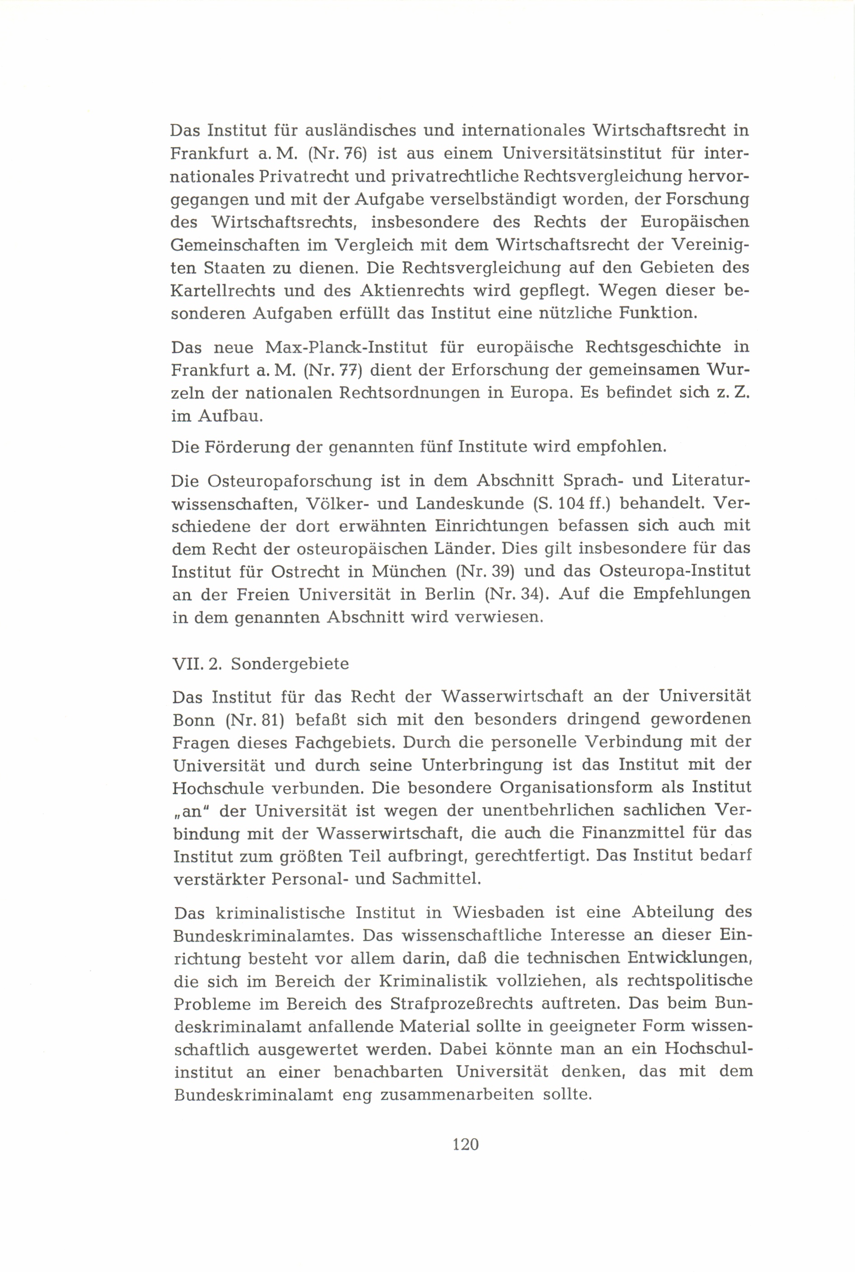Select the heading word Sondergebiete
pyautogui.click(x=290, y=664)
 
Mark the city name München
pyautogui.click(x=407, y=571)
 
